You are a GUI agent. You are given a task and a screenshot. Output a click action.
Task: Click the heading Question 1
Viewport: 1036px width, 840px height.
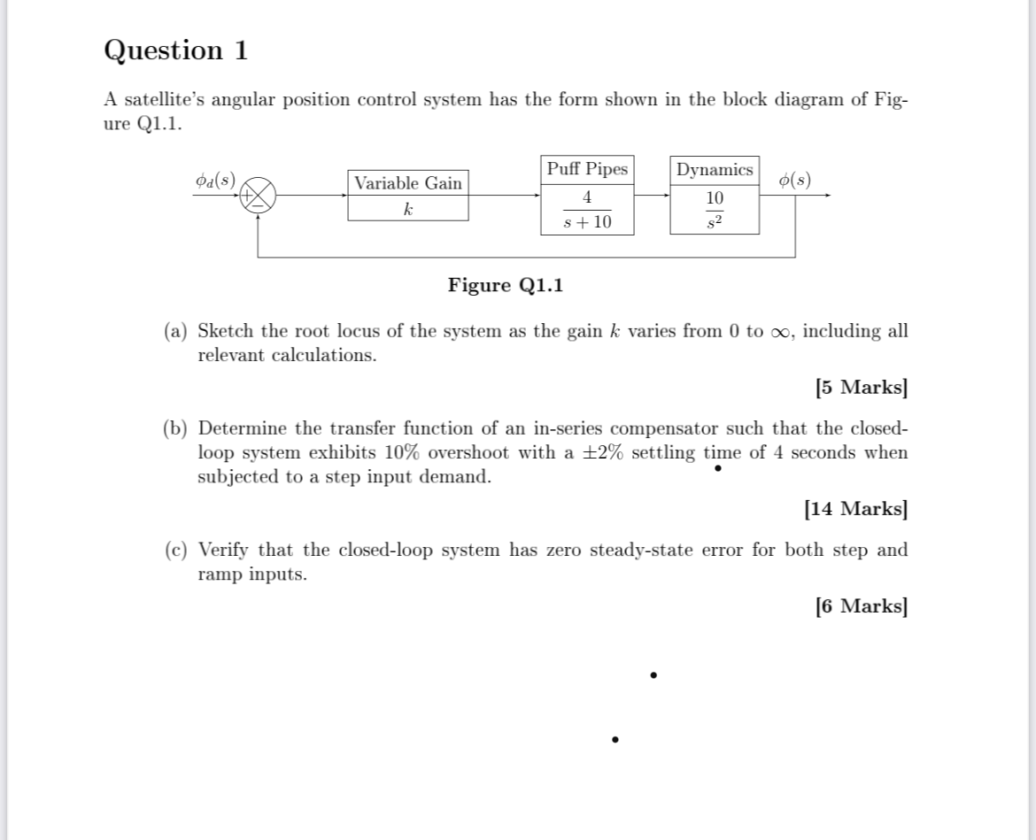[x=176, y=50]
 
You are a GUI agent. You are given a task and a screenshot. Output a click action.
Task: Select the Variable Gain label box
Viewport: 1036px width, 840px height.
[x=407, y=183]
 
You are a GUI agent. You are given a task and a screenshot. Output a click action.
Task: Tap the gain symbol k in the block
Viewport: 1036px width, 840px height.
[x=407, y=210]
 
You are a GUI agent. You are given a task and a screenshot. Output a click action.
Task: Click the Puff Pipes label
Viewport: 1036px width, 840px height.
[x=586, y=169]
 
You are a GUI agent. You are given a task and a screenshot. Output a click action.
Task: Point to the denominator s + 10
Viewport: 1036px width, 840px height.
[x=588, y=221]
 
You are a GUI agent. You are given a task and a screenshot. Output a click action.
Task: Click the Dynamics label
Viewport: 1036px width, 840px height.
[x=714, y=169]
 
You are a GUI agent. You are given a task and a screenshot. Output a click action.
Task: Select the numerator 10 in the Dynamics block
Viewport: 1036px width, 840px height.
[x=715, y=197]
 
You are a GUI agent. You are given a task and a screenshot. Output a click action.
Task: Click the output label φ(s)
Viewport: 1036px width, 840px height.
[x=794, y=180]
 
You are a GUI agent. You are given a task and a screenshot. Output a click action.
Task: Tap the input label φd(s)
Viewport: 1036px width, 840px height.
[x=215, y=180]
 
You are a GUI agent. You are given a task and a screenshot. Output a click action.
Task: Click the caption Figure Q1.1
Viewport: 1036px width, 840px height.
[x=505, y=285]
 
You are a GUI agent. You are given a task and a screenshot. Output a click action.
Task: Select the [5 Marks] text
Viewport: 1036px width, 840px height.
[x=861, y=387]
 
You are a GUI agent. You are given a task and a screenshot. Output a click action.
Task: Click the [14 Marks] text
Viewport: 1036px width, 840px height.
[x=855, y=508]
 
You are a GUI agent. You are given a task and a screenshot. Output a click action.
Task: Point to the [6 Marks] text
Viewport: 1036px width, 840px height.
[x=861, y=605]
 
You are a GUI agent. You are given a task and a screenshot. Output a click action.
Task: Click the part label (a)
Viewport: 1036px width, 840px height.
[x=176, y=331]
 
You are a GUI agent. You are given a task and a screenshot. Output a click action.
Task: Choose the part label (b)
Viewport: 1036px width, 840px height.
[x=176, y=428]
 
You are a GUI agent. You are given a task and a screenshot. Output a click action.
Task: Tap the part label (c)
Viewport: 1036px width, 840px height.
[x=176, y=550]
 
